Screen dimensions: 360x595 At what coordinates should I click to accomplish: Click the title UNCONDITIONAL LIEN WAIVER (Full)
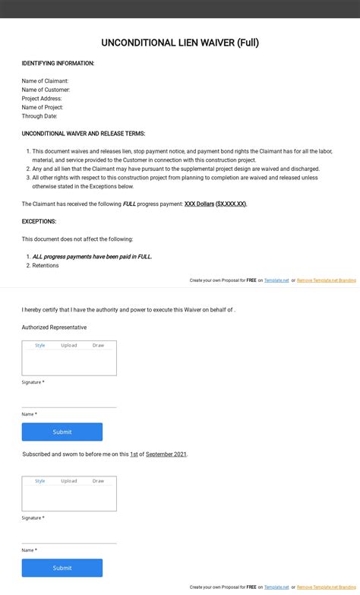[180, 43]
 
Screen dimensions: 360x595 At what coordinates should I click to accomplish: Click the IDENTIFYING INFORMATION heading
[58, 63]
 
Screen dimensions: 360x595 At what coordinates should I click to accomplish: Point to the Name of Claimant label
[45, 81]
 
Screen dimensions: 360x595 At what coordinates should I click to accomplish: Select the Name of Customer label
[46, 90]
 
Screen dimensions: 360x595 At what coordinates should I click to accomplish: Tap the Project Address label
[42, 99]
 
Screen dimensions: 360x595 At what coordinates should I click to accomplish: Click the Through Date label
[39, 116]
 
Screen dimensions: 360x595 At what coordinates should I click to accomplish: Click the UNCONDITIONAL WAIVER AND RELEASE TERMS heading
[84, 134]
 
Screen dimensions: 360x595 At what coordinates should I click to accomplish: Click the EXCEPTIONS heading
[39, 221]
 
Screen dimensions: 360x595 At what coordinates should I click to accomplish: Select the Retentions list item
[45, 265]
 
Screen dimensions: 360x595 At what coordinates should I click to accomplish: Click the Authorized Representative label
[54, 328]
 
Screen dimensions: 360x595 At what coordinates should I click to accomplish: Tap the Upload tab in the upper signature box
[69, 345]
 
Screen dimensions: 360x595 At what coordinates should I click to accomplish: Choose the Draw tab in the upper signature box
[98, 345]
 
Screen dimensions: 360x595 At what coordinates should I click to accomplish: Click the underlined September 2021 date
[166, 454]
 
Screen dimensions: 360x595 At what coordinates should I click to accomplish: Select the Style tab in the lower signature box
[40, 481]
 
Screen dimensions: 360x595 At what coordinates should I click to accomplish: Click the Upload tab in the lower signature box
[69, 481]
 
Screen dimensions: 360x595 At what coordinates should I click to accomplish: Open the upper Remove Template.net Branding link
[326, 280]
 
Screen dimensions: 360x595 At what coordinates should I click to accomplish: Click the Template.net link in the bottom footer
[276, 587]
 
